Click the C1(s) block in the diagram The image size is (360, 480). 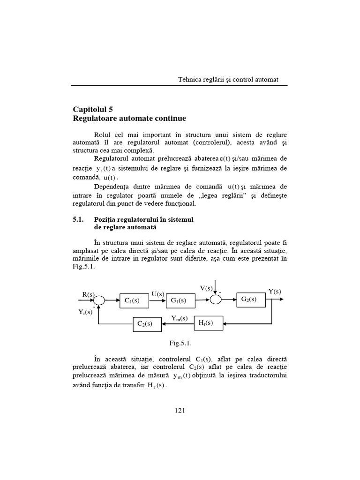coord(134,301)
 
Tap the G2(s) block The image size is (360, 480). coord(248,300)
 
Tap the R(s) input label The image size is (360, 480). coord(89,294)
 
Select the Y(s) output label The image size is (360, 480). coord(275,292)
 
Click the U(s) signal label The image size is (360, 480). coord(157,294)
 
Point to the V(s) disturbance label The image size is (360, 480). coord(206,288)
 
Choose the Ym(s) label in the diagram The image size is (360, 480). coord(180,318)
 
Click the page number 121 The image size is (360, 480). coord(180,411)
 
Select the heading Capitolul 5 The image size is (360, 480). coord(93,109)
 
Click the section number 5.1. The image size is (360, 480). coord(78,219)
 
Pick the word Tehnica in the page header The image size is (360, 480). coord(189,79)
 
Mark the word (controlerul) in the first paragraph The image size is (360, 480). coord(214,142)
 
